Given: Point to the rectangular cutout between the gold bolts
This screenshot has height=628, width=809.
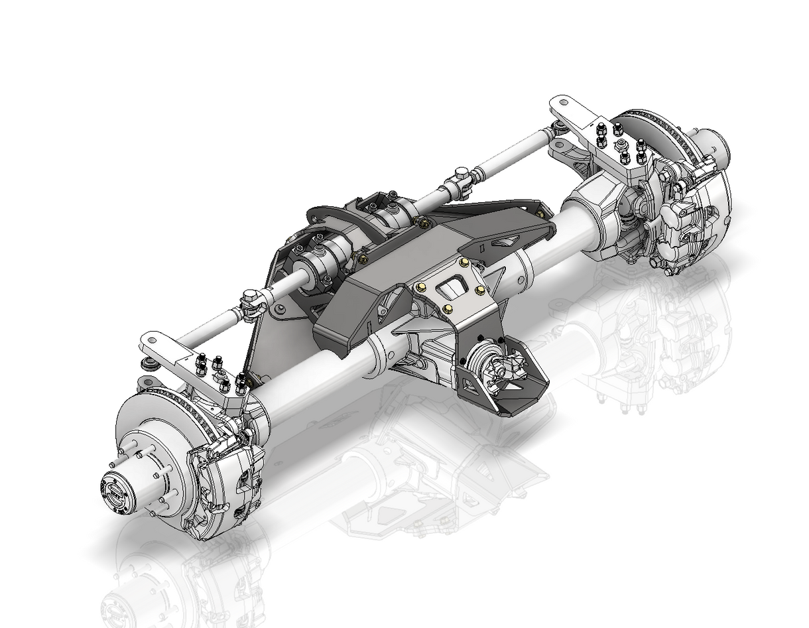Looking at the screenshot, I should click(x=452, y=289).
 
